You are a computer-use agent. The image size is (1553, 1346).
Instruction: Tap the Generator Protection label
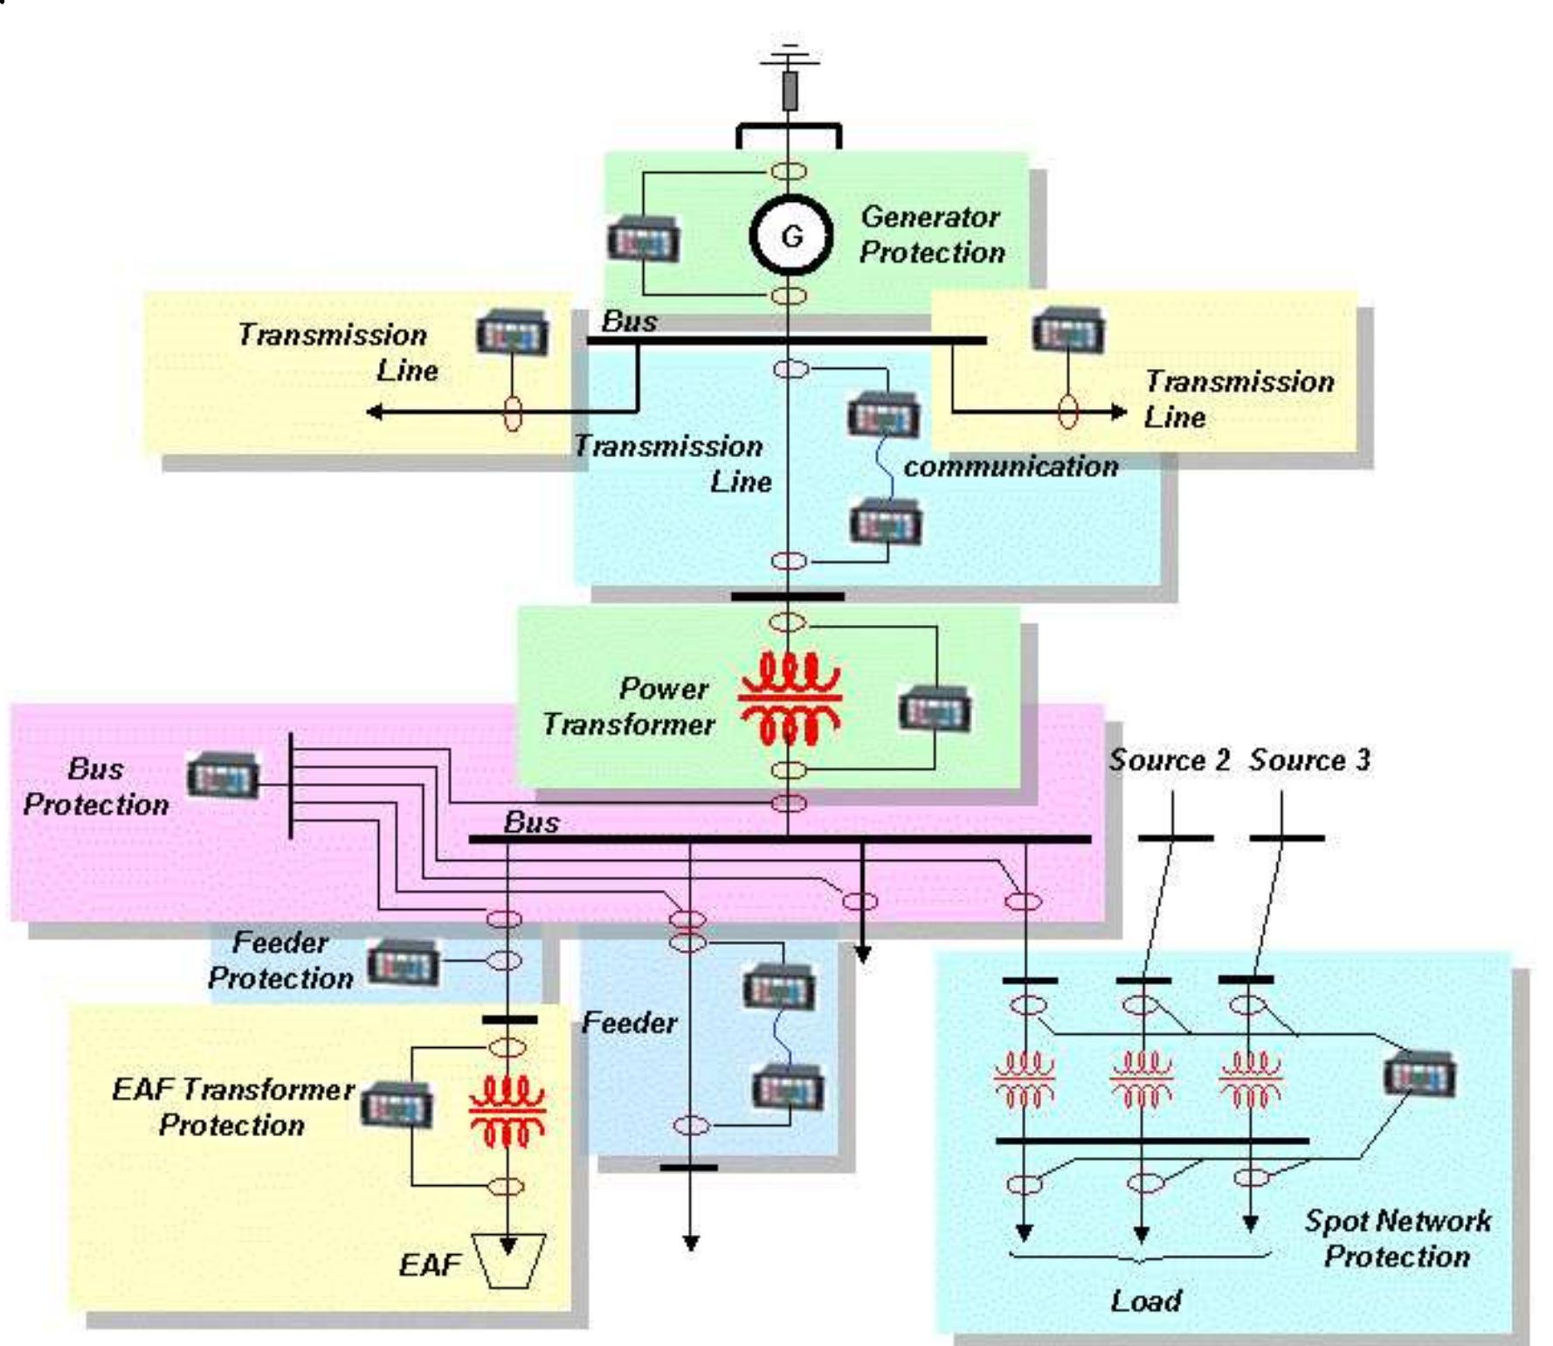932,234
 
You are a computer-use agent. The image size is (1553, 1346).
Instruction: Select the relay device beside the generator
644,239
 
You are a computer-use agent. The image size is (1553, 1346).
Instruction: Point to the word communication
1011,466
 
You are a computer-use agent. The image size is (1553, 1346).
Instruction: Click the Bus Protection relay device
223,774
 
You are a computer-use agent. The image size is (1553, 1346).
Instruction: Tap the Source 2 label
1169,760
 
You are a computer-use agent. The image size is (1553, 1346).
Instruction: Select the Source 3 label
1308,760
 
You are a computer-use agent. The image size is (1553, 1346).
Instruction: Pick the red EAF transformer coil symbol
507,1112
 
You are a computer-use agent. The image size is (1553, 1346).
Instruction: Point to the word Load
1146,1301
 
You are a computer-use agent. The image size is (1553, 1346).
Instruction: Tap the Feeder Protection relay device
403,962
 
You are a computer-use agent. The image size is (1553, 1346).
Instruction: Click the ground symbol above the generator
790,57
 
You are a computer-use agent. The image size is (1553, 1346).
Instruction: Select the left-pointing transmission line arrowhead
376,411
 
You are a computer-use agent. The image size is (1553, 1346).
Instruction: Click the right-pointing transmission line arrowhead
1118,411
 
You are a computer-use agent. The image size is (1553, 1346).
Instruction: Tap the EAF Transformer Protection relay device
397,1105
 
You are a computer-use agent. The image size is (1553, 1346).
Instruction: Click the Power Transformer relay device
935,709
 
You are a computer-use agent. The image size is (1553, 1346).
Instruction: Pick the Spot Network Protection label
1398,1238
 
